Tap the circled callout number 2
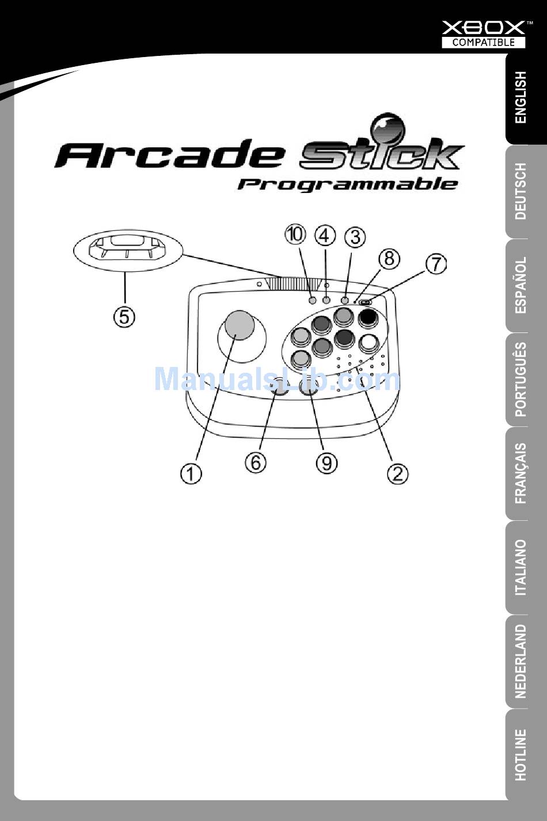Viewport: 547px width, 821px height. coord(398,474)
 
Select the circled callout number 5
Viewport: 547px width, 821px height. coord(124,316)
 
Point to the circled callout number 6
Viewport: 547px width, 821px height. coord(256,463)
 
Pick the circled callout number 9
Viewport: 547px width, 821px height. coord(326,463)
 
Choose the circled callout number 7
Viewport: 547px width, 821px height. coord(436,264)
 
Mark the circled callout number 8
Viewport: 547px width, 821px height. coord(389,259)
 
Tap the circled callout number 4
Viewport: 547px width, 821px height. coord(325,236)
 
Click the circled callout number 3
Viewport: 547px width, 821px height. coord(355,237)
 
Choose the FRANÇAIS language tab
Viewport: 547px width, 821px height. coord(521,473)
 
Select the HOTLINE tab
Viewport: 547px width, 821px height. coord(521,754)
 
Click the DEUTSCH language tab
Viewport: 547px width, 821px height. coord(521,191)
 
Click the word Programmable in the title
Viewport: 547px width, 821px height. coord(348,184)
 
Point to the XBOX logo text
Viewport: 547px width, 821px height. coord(484,27)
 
